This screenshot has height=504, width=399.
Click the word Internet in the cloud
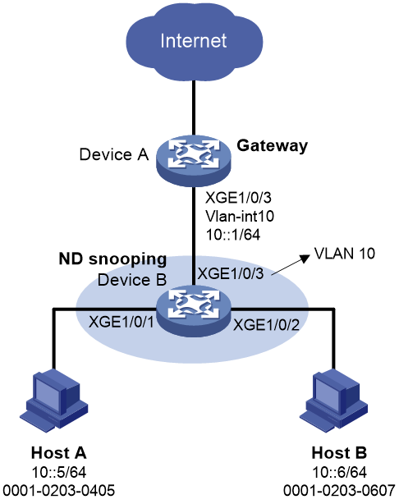click(194, 41)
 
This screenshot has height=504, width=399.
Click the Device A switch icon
click(194, 160)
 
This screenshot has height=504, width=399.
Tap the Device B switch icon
click(194, 311)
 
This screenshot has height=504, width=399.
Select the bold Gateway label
click(273, 146)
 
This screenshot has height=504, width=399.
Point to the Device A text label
click(114, 154)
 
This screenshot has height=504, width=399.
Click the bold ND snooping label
click(112, 259)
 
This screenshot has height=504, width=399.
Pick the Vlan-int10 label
click(240, 216)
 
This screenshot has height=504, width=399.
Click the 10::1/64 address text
click(233, 235)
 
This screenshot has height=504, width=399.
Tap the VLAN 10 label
click(345, 254)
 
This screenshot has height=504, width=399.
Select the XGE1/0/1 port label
click(122, 322)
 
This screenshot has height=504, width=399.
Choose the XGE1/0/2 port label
click(266, 325)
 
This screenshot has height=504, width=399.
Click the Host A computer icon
click(54, 401)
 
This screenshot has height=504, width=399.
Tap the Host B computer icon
click(334, 401)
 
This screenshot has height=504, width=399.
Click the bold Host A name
click(59, 453)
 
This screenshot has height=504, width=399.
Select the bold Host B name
click(339, 453)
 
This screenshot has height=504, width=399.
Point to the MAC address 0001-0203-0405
click(59, 491)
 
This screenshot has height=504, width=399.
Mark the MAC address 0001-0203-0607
click(339, 491)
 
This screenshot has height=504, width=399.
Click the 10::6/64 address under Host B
click(339, 472)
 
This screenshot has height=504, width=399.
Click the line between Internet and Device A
click(194, 108)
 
